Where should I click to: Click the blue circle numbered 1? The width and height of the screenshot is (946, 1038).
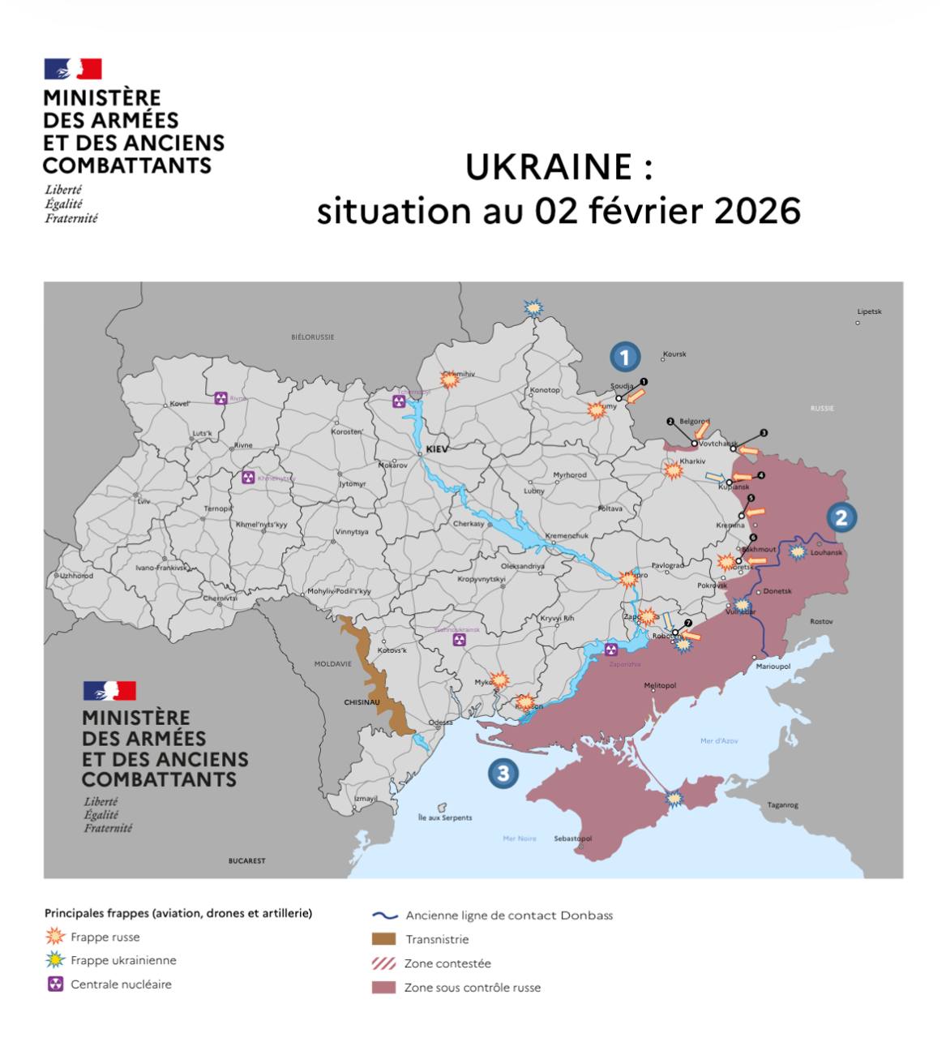tap(624, 357)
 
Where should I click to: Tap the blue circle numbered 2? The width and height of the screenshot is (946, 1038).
tap(841, 517)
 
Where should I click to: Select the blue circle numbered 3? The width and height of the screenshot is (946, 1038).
tap(503, 773)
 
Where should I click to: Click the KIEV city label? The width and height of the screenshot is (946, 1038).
tap(436, 448)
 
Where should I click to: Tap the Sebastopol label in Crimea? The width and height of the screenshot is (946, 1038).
tap(572, 839)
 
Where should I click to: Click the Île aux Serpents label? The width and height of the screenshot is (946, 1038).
tap(444, 817)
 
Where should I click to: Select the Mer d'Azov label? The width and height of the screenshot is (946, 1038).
tap(719, 740)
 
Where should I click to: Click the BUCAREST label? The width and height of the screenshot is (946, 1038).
tap(246, 860)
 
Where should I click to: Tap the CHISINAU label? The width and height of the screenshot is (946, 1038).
tap(362, 702)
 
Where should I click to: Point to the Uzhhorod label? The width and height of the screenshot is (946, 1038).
tap(75, 576)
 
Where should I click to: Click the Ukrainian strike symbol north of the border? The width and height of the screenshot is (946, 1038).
tap(533, 307)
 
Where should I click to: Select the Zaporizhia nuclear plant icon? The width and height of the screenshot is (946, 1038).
tap(611, 650)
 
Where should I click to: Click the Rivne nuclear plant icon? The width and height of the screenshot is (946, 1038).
tap(220, 398)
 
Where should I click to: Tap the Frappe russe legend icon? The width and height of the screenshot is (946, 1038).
tap(55, 937)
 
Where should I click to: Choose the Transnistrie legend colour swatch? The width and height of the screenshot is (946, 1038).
tap(383, 939)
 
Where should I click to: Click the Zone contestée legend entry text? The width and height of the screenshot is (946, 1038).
tap(447, 963)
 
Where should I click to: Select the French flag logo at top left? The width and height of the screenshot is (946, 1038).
tap(73, 68)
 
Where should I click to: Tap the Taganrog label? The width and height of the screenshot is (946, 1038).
tap(782, 805)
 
